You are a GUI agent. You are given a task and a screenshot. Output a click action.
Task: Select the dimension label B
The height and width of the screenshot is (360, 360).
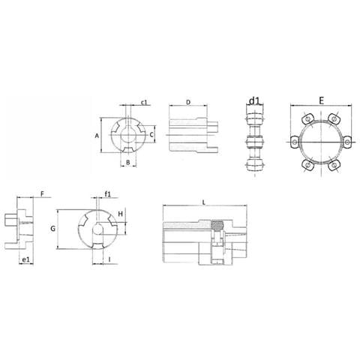click(128, 161)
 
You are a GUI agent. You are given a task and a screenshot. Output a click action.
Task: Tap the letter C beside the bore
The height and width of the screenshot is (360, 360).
click(151, 135)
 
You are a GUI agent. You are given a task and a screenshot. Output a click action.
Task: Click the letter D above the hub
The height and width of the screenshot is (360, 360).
click(187, 102)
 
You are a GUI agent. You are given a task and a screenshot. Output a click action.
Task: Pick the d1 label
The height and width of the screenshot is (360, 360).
click(255, 101)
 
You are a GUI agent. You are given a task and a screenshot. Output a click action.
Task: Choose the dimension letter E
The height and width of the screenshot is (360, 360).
click(320, 99)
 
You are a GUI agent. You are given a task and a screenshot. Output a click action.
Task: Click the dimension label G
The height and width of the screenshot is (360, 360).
click(52, 227)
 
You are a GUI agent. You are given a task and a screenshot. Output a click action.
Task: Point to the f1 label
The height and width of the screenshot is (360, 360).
click(108, 194)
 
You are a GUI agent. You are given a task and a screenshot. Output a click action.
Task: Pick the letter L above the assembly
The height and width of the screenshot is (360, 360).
click(204, 201)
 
